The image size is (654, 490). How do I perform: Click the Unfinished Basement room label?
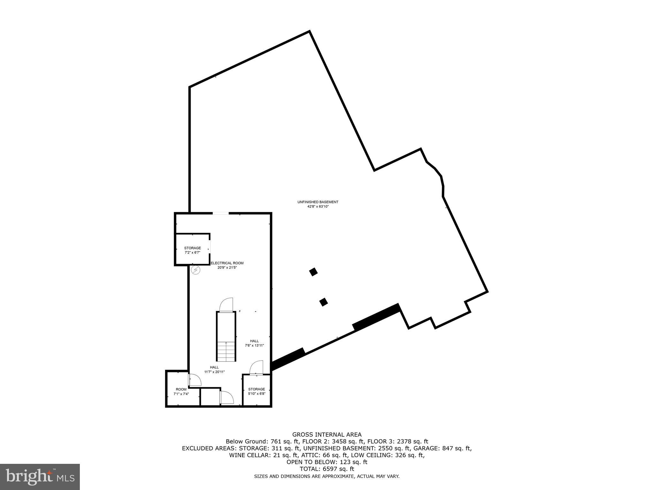pos(318,204)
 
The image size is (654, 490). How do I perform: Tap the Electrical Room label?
pos(227,265)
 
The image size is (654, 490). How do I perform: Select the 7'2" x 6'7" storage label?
pos(192,250)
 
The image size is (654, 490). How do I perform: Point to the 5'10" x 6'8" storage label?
pos(256,391)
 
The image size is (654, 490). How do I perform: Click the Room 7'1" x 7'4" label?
pos(181,391)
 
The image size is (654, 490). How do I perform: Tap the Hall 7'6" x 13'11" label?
pos(254,343)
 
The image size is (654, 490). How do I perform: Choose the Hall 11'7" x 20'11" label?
pos(214,369)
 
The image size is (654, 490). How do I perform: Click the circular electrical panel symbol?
pos(195,270)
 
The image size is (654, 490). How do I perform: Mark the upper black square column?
pos(314,272)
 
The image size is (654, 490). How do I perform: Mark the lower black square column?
pos(323,302)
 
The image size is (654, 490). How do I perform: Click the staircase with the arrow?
pos(226,338)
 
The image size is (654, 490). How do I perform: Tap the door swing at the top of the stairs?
pos(226,305)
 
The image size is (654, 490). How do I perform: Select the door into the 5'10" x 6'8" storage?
pos(256,367)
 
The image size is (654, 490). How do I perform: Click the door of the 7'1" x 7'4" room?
pos(194,380)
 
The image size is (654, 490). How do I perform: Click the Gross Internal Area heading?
pos(327,434)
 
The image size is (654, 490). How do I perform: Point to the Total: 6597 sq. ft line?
pos(327,469)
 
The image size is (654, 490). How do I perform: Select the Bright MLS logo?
pos(40,477)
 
